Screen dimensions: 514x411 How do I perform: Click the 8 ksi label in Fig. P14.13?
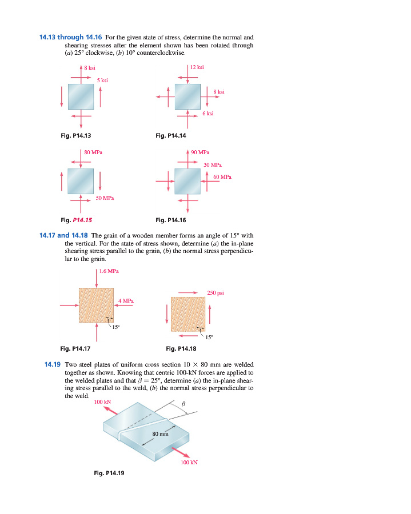(90, 68)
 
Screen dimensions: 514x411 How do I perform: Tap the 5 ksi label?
(103, 81)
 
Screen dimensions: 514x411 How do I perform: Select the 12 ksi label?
(197, 67)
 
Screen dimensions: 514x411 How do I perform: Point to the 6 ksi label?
(208, 114)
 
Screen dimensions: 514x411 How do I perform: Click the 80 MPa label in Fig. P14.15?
(93, 152)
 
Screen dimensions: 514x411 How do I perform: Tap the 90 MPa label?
(200, 152)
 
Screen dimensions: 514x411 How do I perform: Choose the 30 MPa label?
(212, 164)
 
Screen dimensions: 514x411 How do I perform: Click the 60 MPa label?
(222, 177)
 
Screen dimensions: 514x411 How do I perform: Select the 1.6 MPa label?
(109, 271)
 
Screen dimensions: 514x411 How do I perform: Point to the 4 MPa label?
(126, 300)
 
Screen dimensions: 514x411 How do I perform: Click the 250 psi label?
(216, 292)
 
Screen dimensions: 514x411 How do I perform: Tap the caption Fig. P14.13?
(76, 135)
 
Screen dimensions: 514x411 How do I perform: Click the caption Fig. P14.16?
(171, 220)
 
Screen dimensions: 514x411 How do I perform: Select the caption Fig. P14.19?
(109, 473)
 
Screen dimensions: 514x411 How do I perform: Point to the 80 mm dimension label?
(160, 435)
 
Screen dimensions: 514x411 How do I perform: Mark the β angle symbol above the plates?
(183, 404)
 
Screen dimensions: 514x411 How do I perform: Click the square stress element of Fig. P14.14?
(187, 97)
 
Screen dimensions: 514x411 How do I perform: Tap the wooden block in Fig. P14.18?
(187, 314)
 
